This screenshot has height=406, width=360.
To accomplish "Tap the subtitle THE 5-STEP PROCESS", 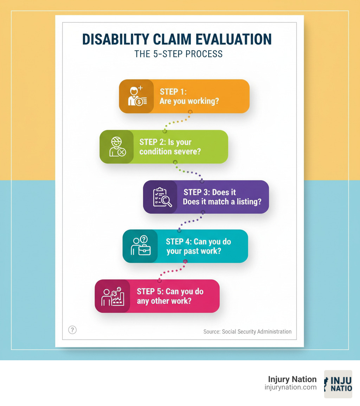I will coord(179,54).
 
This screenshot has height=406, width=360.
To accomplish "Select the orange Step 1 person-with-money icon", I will coord(136,96).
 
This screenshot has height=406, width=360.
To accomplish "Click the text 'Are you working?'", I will coord(189,101).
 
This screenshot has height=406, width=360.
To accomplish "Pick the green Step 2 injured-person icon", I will coord(117,147).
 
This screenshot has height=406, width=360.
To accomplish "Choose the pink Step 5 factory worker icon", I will coord(112,296).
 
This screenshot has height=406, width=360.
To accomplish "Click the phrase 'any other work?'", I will coord(164,301).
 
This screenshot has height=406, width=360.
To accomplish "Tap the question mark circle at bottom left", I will coord(72,330).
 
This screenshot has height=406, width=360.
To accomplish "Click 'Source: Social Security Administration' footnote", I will coord(247,331).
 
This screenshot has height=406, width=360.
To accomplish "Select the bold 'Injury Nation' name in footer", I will coord(292,379).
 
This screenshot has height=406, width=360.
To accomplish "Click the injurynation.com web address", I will coord(290,387).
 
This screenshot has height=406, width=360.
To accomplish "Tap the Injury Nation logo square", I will coord(338,384).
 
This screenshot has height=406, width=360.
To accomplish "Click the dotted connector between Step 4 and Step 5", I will coord(172,271).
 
